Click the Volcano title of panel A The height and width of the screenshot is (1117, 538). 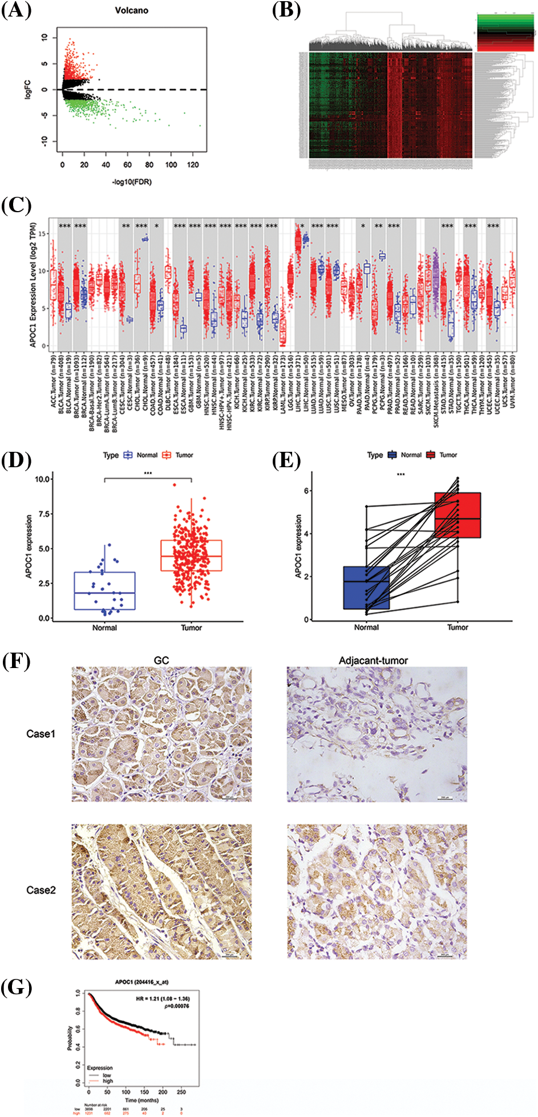click(132, 10)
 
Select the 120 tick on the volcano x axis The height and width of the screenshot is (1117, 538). click(193, 165)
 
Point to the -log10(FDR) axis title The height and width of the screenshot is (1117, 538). click(132, 181)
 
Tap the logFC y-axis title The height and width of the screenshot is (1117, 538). click(28, 90)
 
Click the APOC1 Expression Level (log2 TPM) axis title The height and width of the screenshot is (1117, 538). click(33, 284)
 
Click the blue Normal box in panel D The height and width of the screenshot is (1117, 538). click(104, 590)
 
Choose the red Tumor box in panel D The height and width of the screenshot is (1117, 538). click(191, 555)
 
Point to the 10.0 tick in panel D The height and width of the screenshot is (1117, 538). click(43, 479)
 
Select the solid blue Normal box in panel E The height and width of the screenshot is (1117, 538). click(366, 588)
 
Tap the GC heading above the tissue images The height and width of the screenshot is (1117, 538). click(161, 660)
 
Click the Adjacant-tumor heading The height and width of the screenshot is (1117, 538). click(373, 660)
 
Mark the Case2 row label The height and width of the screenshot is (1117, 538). click(41, 890)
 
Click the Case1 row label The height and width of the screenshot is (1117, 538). click(41, 734)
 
